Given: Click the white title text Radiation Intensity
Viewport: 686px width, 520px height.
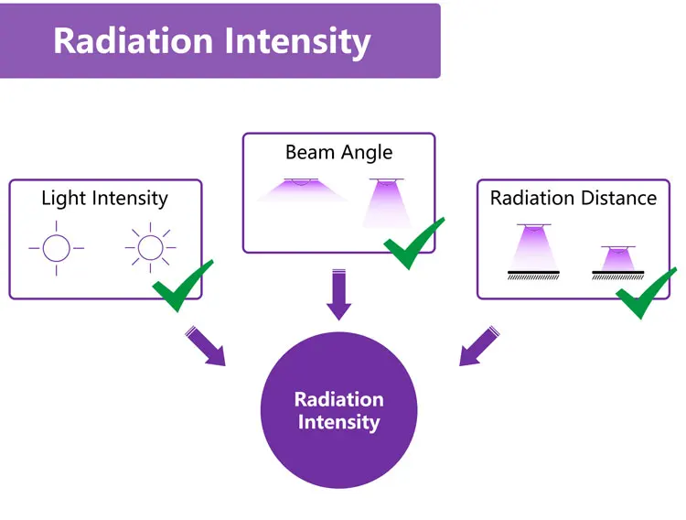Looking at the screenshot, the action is click(x=211, y=41).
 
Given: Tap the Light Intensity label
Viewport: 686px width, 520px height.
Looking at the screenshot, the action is click(x=104, y=198).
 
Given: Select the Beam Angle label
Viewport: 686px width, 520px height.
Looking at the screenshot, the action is click(x=338, y=152).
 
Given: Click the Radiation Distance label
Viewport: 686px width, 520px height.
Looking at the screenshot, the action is click(x=573, y=198).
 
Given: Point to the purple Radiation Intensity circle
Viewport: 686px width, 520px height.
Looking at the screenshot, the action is click(x=338, y=410).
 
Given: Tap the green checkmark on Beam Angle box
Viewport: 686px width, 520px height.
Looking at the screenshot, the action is click(x=413, y=243).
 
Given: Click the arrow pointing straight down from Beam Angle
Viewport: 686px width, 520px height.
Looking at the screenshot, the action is click(x=338, y=295).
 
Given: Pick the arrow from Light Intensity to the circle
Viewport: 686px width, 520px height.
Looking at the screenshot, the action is click(x=207, y=346).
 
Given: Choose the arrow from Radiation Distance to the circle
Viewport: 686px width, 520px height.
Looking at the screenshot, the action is click(x=477, y=346).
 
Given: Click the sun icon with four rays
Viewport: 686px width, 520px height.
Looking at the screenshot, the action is click(x=56, y=247).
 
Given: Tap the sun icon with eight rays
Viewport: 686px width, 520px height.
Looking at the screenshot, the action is click(x=149, y=247).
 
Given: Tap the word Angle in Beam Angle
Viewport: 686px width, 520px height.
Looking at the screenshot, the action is click(x=367, y=153).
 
